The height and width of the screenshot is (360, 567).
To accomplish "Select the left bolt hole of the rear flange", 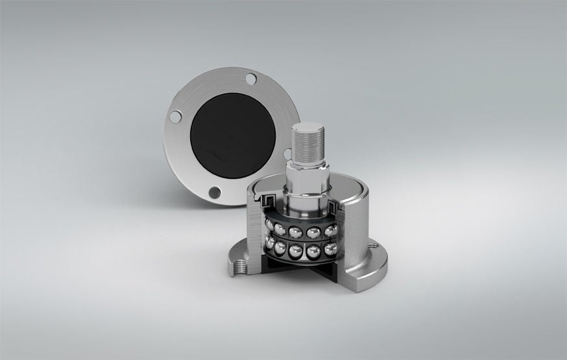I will point(174,117).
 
